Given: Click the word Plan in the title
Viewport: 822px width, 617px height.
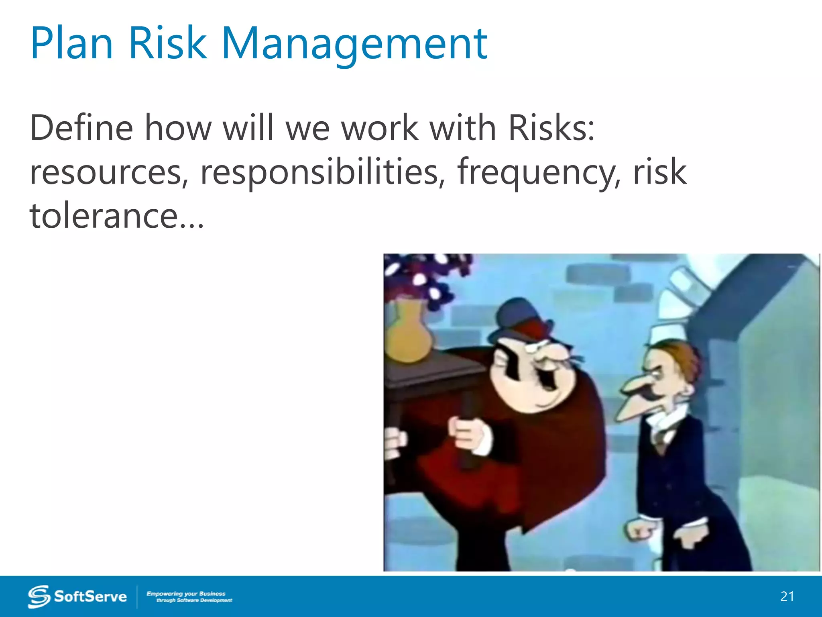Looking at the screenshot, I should (71, 43).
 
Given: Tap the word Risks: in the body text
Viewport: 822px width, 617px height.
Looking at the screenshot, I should (551, 128).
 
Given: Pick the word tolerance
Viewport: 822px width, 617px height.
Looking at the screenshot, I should (104, 216).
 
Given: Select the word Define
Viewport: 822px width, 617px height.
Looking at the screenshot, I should (81, 128).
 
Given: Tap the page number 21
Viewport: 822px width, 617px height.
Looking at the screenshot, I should (787, 597).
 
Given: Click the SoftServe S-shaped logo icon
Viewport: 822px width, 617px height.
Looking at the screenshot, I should (39, 597).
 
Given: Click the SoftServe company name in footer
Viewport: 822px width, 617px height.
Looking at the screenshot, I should (90, 597).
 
